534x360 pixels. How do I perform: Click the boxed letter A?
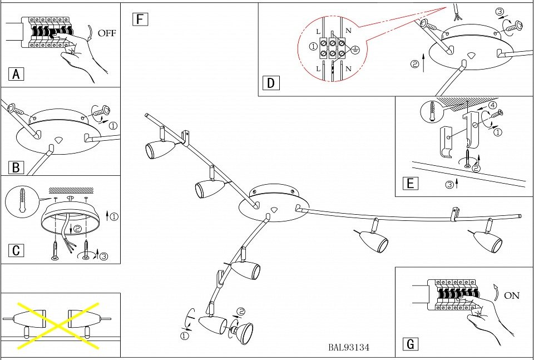17,74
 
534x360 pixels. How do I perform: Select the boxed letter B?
17,167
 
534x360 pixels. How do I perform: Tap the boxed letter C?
17,250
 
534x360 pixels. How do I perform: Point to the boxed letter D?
271,83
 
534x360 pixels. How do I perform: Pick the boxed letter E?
411,184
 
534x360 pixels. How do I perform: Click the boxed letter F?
140,20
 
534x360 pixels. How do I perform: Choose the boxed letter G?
411,344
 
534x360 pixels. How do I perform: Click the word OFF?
107,33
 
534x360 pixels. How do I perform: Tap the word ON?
512,295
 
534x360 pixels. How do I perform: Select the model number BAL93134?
349,348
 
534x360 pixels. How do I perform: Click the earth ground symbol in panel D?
357,50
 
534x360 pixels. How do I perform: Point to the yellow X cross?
58,325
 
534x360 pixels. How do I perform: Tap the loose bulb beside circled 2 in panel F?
242,333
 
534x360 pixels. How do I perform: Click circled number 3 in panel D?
499,12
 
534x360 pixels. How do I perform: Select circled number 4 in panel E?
492,105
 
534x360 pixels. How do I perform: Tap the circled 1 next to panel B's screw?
113,125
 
